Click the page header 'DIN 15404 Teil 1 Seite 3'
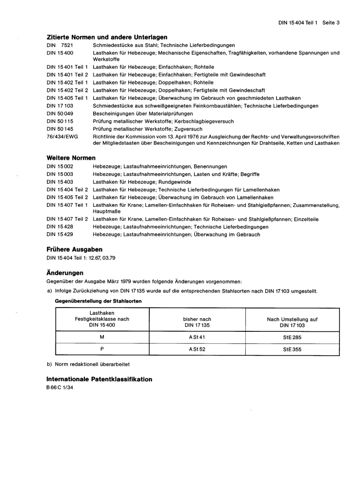point(308,23)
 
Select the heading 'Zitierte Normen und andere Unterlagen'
point(106,37)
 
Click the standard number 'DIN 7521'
point(60,45)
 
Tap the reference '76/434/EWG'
point(62,137)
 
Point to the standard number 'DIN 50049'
point(60,114)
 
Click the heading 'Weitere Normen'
point(71,158)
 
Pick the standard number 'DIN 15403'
point(60,182)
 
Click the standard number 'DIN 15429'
point(60,235)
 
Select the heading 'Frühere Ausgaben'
point(74,250)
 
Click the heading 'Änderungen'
point(65,273)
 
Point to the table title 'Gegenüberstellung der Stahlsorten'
point(99,302)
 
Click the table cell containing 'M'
point(102,337)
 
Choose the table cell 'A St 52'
point(197,349)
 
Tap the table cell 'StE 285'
point(292,337)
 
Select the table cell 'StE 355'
point(292,349)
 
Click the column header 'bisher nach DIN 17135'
point(197,322)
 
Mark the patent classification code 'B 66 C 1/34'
point(60,387)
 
